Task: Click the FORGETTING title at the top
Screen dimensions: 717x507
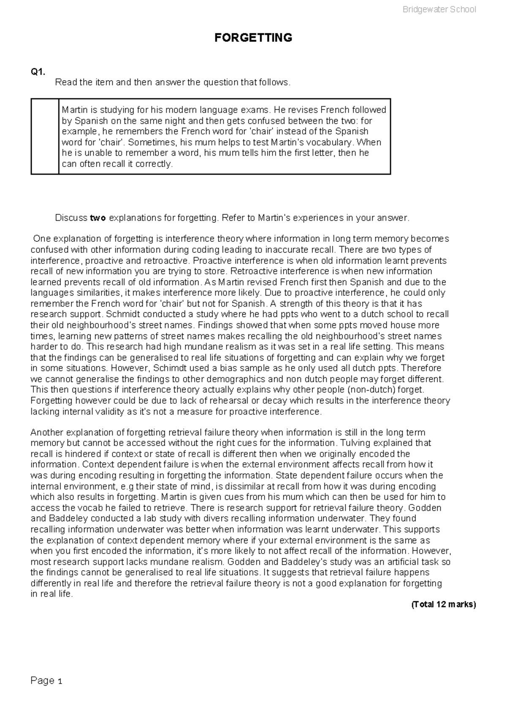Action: tap(253, 38)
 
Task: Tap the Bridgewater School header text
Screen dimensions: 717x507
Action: tap(439, 10)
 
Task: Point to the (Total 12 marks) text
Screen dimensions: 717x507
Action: tap(443, 605)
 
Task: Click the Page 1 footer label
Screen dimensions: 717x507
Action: tap(46, 681)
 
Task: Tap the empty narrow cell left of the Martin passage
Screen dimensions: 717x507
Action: tap(45, 137)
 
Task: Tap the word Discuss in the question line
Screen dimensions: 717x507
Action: tap(71, 218)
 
